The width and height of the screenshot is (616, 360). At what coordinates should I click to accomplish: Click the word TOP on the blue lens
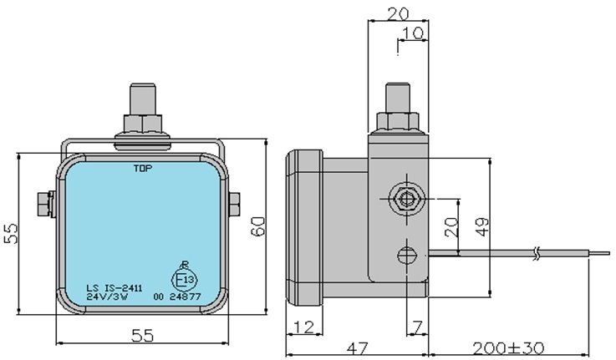[143, 169]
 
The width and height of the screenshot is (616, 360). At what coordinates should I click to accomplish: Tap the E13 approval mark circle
[184, 280]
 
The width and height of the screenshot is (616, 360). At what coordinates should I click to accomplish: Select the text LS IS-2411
[115, 288]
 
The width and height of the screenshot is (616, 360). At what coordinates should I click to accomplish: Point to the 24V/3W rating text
[107, 297]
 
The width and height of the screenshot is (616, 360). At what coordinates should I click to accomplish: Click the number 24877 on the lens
[185, 297]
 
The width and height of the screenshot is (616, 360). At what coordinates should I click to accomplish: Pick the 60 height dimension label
[258, 226]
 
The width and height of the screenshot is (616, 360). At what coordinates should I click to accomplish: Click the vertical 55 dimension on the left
[11, 234]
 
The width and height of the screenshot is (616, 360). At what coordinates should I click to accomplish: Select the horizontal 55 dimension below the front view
[142, 336]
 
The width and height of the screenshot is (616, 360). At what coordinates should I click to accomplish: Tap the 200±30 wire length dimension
[508, 347]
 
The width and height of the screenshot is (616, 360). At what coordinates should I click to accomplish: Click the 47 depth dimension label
[358, 348]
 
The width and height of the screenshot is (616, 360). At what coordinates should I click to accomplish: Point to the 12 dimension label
[304, 327]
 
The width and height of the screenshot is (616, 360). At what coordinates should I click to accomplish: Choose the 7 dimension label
[418, 327]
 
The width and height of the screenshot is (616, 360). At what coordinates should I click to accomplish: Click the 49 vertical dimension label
[482, 227]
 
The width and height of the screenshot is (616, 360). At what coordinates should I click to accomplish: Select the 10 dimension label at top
[413, 33]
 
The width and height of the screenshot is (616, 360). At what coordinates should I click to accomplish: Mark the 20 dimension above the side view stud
[398, 14]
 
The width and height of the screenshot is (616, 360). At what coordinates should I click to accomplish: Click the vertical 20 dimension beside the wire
[451, 227]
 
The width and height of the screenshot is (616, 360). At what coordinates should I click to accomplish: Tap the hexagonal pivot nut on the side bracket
[406, 199]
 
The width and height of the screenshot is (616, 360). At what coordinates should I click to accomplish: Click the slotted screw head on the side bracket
[406, 256]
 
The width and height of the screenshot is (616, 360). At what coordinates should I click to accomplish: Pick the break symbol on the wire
[537, 253]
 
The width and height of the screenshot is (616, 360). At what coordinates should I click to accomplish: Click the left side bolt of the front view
[46, 203]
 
